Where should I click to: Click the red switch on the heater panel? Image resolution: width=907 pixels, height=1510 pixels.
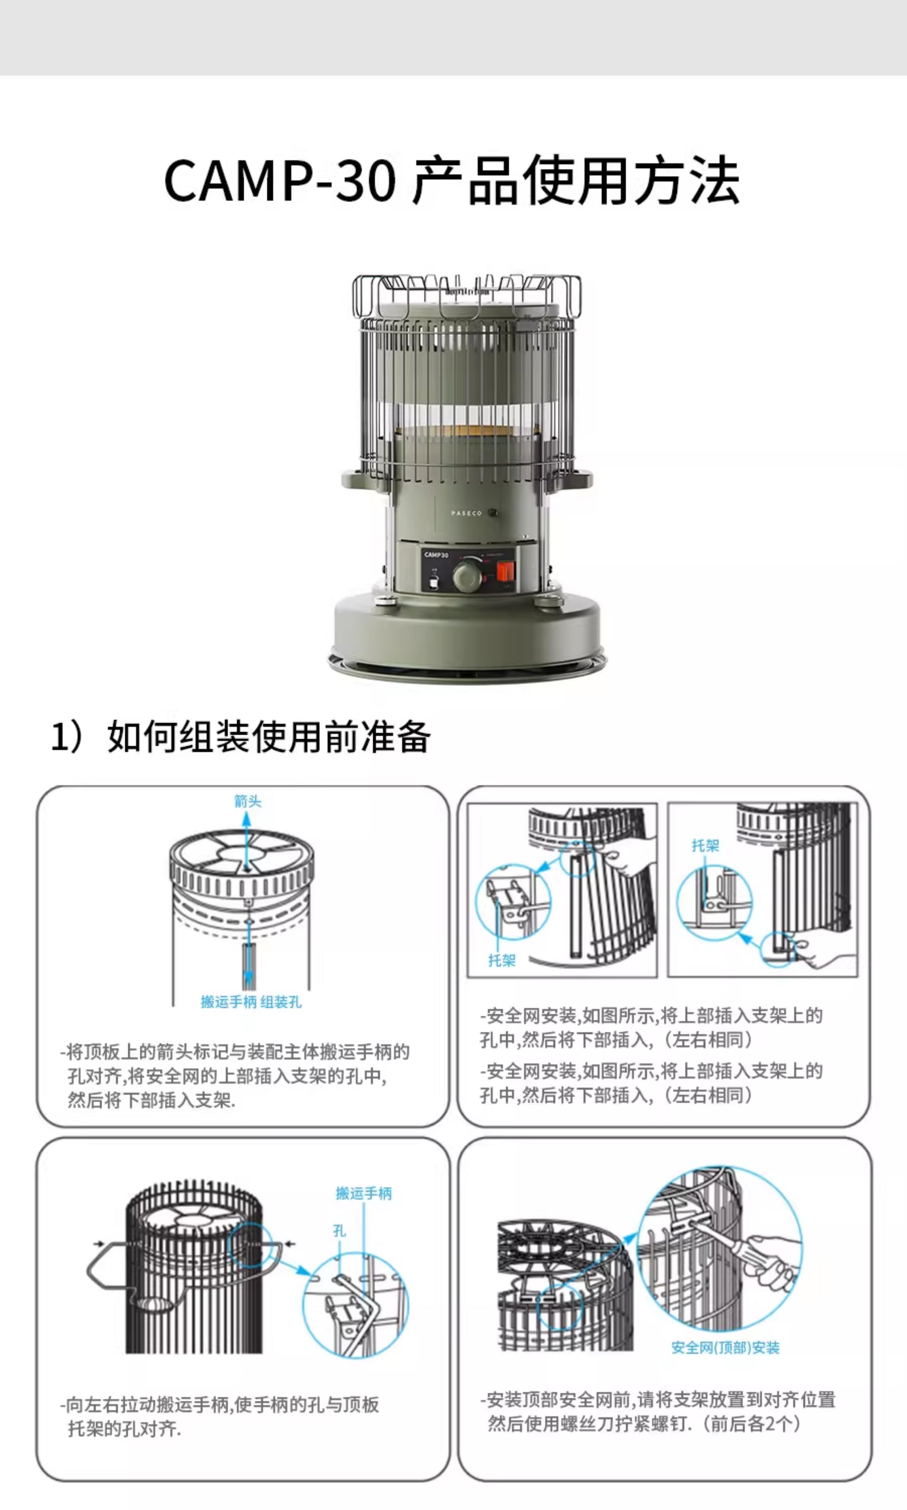click(504, 572)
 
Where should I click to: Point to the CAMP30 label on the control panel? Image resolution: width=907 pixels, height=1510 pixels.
click(436, 555)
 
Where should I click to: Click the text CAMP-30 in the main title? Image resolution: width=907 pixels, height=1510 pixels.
click(280, 180)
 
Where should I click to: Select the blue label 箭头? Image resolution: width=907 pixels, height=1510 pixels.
click(248, 801)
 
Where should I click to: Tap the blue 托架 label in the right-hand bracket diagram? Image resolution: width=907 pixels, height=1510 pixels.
click(705, 845)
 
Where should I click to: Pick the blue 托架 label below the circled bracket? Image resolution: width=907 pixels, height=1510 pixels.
click(502, 961)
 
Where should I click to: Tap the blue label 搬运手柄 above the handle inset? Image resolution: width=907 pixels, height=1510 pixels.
click(364, 1193)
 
